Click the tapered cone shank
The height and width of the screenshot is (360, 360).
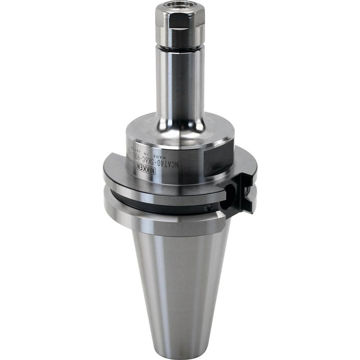180,281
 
